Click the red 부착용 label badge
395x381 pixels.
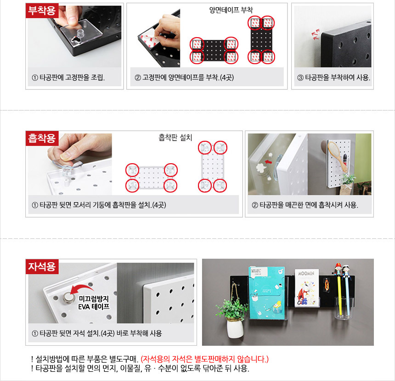tap(42, 11)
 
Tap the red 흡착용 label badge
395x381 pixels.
tap(42, 138)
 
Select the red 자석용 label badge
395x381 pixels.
tap(42, 266)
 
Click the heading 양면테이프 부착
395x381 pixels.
tap(231, 10)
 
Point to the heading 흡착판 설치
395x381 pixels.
tap(175, 137)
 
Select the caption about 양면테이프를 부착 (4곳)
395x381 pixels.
tap(184, 77)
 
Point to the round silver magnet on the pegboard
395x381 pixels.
tap(67, 298)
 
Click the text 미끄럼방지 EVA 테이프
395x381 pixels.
tap(94, 303)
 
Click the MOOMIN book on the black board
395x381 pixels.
tap(306, 287)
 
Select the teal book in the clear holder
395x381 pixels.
tap(267, 292)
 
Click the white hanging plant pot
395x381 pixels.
tap(235, 328)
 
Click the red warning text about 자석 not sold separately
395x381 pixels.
tap(204, 359)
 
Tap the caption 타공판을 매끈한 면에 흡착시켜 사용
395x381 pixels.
tap(305, 205)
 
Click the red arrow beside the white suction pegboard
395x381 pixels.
tap(269, 162)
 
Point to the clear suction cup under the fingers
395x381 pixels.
tap(68, 164)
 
